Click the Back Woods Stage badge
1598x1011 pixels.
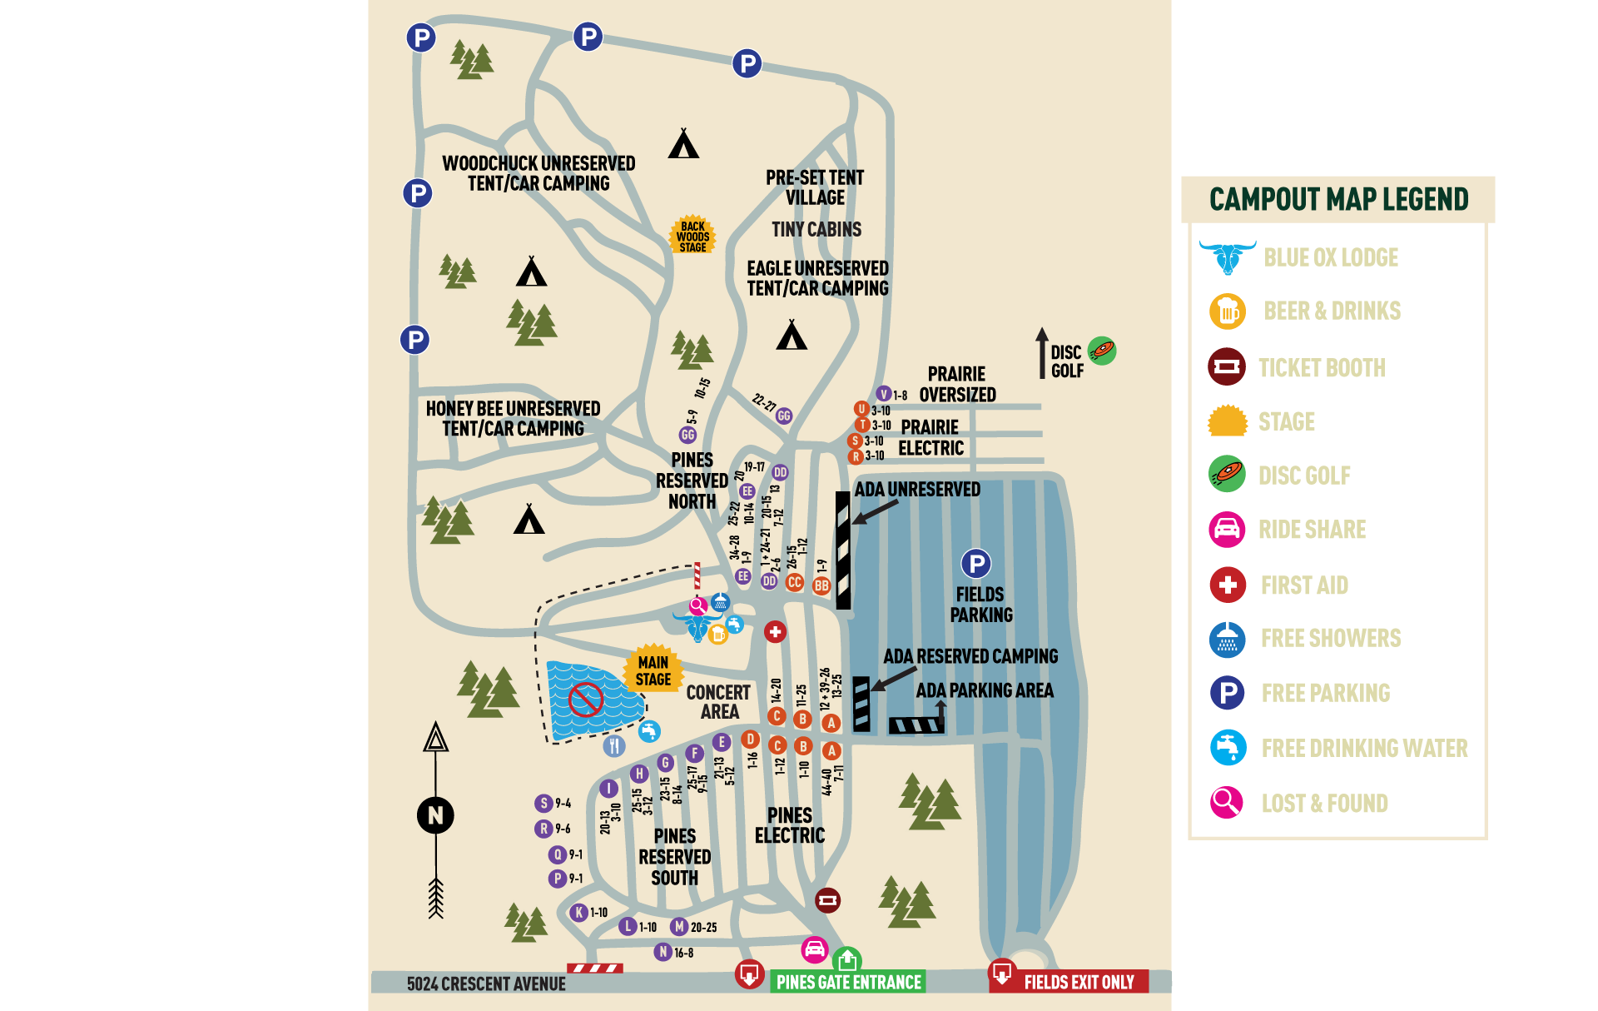pos(692,237)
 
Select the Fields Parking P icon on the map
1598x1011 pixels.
pos(975,564)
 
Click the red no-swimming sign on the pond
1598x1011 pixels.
pos(586,700)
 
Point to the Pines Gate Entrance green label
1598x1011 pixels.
pos(848,982)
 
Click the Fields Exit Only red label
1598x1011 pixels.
pos(1078,982)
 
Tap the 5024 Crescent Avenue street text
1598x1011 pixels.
pos(486,984)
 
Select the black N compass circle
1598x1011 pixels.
pos(435,814)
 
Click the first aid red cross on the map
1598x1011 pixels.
pos(775,632)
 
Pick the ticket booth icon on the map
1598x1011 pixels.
pos(827,899)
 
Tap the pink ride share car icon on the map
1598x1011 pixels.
pos(814,949)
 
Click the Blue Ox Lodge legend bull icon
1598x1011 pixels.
pos(1228,256)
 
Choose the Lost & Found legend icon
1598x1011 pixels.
pos(1226,802)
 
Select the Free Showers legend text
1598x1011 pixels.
pos(1330,638)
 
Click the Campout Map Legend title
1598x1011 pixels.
pos(1338,200)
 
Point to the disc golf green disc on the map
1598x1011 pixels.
pos(1102,351)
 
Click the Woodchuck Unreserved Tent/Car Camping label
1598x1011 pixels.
pos(538,173)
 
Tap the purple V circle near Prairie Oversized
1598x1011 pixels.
pos(884,394)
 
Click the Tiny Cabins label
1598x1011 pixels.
pos(816,229)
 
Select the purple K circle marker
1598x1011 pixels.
pos(579,912)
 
